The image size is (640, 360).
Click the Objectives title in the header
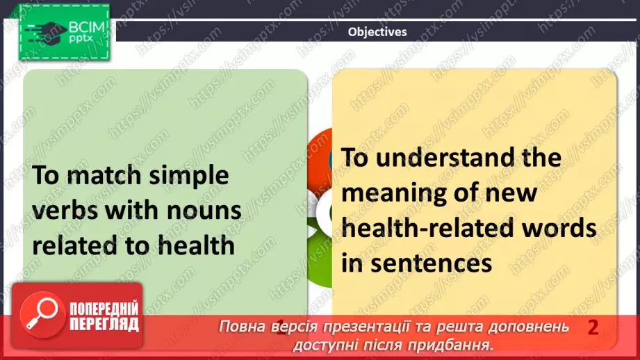[x=377, y=31]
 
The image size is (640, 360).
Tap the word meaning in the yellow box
[x=402, y=193]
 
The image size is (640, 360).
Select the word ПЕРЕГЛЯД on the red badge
[x=104, y=325]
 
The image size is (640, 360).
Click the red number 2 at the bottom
[x=592, y=327]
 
